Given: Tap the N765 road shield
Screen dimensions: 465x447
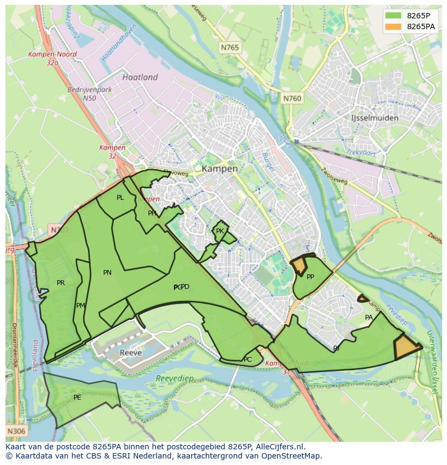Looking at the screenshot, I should (x=229, y=48).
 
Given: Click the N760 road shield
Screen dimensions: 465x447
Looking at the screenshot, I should (x=292, y=98).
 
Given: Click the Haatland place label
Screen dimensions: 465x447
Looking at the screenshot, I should (x=140, y=77).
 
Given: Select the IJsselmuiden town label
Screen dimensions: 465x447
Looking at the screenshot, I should (x=375, y=118).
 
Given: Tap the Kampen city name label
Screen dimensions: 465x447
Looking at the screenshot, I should (x=220, y=169).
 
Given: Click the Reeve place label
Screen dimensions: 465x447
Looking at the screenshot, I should (x=131, y=353).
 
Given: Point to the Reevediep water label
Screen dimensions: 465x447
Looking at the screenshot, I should (x=174, y=379).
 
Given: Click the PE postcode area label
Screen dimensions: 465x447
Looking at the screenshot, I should (x=77, y=397).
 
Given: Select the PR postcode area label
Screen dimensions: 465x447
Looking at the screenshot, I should (x=60, y=283).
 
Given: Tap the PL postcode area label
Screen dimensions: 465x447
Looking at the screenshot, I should (x=120, y=198).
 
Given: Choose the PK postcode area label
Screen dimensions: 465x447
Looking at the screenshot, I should (x=220, y=231).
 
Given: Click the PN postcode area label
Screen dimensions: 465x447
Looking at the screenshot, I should (x=107, y=273).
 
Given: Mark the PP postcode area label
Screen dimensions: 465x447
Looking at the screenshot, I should (x=310, y=277).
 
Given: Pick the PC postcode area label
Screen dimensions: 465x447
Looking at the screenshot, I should (x=247, y=360).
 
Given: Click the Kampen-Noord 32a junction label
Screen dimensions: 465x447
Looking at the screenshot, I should (x=52, y=58).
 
